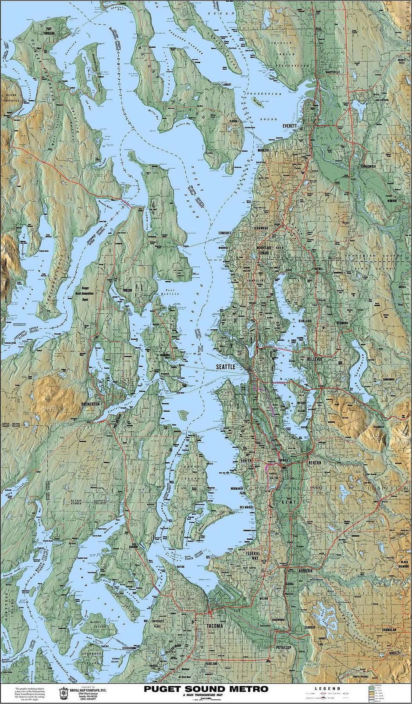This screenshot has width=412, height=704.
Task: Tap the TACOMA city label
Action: point(212,626)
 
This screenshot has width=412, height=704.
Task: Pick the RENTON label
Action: point(314,463)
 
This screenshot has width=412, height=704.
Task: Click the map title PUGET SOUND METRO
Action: point(206,689)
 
